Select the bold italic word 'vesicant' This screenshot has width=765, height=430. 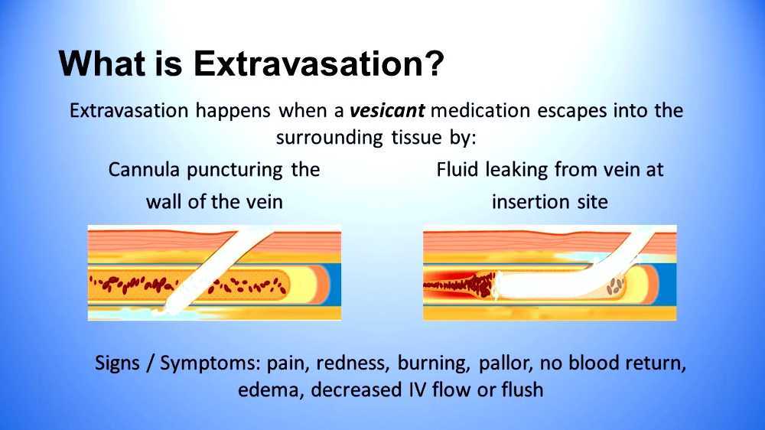pyautogui.click(x=386, y=110)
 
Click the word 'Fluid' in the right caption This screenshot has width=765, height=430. pyautogui.click(x=457, y=169)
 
